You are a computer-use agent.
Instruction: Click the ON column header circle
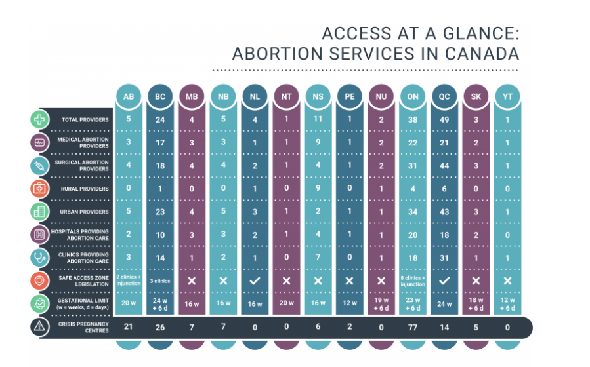(x=413, y=97)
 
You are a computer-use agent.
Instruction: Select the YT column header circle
(x=507, y=97)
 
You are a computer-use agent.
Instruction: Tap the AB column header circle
(x=129, y=97)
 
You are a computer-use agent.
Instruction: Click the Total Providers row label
(x=85, y=120)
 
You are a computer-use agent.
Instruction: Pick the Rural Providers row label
(x=85, y=189)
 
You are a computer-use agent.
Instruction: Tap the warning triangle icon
(x=40, y=326)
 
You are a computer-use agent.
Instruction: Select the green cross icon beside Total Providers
(x=40, y=120)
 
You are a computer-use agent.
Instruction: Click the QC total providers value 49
(x=444, y=119)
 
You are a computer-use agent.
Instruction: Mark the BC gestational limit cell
(x=160, y=303)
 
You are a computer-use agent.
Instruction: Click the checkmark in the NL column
(x=255, y=280)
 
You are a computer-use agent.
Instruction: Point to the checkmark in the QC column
(x=444, y=280)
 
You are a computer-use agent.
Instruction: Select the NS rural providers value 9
(x=318, y=189)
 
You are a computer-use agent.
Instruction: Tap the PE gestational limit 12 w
(x=350, y=303)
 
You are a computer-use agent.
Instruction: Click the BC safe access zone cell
(x=160, y=280)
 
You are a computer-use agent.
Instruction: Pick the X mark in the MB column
(x=192, y=280)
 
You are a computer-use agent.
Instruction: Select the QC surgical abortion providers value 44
(x=444, y=165)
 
